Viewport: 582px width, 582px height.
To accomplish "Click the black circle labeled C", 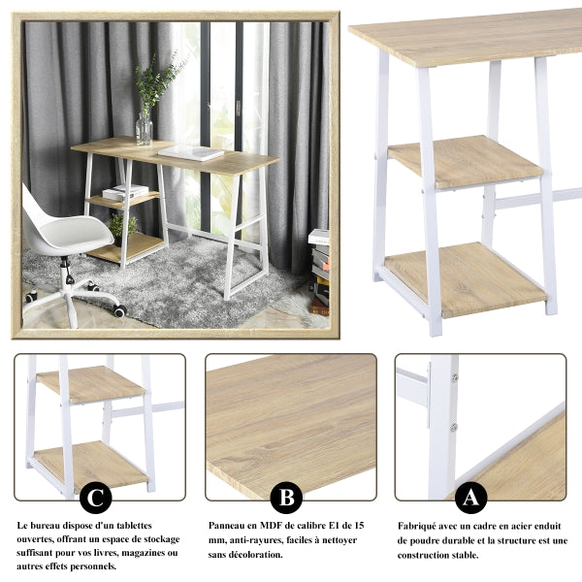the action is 96,498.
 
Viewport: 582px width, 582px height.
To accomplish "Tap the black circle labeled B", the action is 286,498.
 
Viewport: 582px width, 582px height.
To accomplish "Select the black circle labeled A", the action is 470,498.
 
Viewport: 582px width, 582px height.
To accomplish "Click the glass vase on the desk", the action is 144,127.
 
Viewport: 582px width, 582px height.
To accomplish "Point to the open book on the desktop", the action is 191,152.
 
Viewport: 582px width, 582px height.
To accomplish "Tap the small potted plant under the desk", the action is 122,229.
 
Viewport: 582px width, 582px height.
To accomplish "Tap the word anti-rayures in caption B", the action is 256,540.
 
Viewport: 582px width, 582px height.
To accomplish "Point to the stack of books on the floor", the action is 319,273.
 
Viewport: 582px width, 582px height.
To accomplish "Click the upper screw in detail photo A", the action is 454,378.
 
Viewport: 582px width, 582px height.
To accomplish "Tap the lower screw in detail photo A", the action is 453,427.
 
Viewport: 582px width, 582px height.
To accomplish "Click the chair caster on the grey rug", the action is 120,310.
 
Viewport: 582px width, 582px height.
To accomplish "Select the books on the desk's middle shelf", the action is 125,192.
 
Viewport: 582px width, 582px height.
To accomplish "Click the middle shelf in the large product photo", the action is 466,161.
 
